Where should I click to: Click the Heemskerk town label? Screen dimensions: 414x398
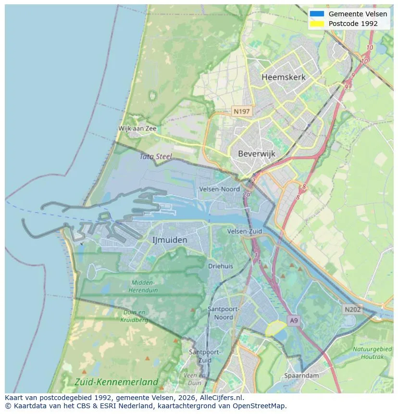pyautogui.click(x=284, y=77)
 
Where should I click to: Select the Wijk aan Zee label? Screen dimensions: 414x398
pyautogui.click(x=137, y=129)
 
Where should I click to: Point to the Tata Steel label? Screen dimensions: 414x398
pyautogui.click(x=156, y=156)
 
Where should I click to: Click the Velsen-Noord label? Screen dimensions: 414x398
pyautogui.click(x=219, y=189)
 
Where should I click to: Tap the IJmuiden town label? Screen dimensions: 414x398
pyautogui.click(x=170, y=239)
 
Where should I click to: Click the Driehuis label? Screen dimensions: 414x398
pyautogui.click(x=221, y=265)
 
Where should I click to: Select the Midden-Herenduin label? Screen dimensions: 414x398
pyautogui.click(x=142, y=286)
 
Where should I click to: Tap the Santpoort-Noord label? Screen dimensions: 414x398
pyautogui.click(x=224, y=313)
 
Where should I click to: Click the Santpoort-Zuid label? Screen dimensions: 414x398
pyautogui.click(x=205, y=356)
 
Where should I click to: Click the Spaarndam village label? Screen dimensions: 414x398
pyautogui.click(x=302, y=375)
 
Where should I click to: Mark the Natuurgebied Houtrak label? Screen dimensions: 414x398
pyautogui.click(x=372, y=353)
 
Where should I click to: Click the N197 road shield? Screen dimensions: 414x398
pyautogui.click(x=242, y=111)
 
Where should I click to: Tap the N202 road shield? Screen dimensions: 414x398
pyautogui.click(x=352, y=310)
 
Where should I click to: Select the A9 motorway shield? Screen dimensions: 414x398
pyautogui.click(x=293, y=320)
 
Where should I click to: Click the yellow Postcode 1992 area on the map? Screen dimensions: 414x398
pyautogui.click(x=275, y=328)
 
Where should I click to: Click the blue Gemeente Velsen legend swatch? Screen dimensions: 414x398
pyautogui.click(x=317, y=14)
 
